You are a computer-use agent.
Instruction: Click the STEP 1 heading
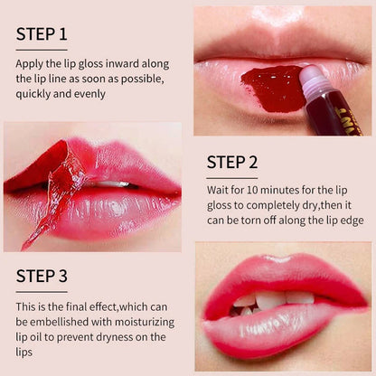click(42, 34)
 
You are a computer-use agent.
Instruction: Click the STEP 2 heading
click(232, 163)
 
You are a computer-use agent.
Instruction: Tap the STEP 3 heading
click(42, 277)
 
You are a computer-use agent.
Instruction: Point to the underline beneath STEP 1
click(41, 50)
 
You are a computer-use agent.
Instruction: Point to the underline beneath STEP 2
click(231, 178)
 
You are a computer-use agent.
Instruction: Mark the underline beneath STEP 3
click(42, 291)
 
